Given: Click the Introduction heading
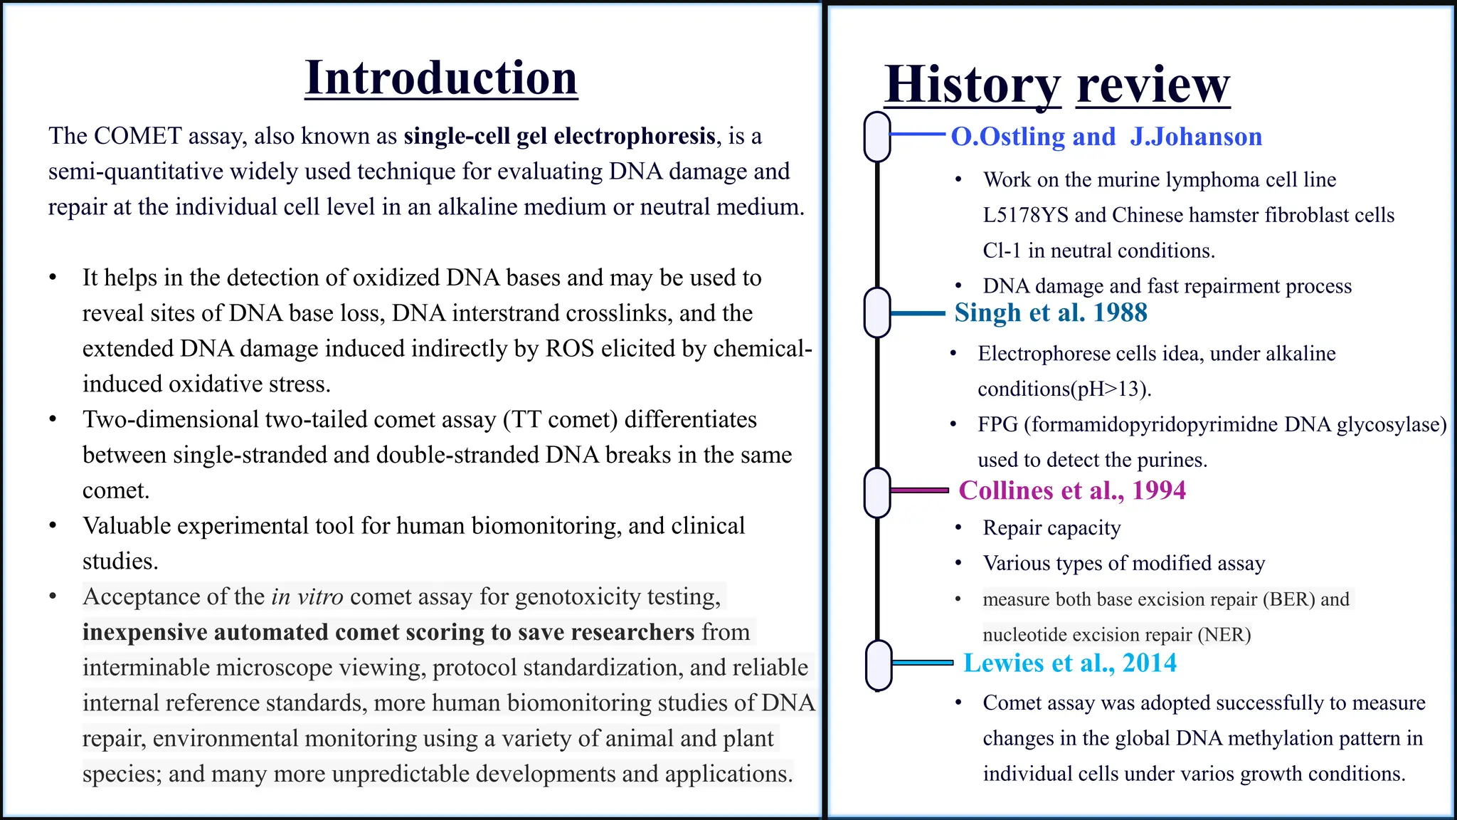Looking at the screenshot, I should (441, 78).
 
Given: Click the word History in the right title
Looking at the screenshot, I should (972, 85).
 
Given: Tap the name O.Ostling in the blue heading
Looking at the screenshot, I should (1007, 137).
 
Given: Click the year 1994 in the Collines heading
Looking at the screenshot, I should (1159, 490).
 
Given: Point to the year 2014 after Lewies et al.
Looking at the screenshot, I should (1149, 663).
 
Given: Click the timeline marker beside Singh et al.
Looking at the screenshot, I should (877, 313).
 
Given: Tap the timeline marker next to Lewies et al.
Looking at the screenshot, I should (879, 665).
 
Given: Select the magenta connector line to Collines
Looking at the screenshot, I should (919, 490).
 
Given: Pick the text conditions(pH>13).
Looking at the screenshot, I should (1064, 389).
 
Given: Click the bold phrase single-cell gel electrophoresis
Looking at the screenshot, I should (559, 136).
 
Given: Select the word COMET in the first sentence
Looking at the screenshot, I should (138, 136).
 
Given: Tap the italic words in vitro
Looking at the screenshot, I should (307, 596).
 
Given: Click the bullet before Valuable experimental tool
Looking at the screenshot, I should (53, 526).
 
